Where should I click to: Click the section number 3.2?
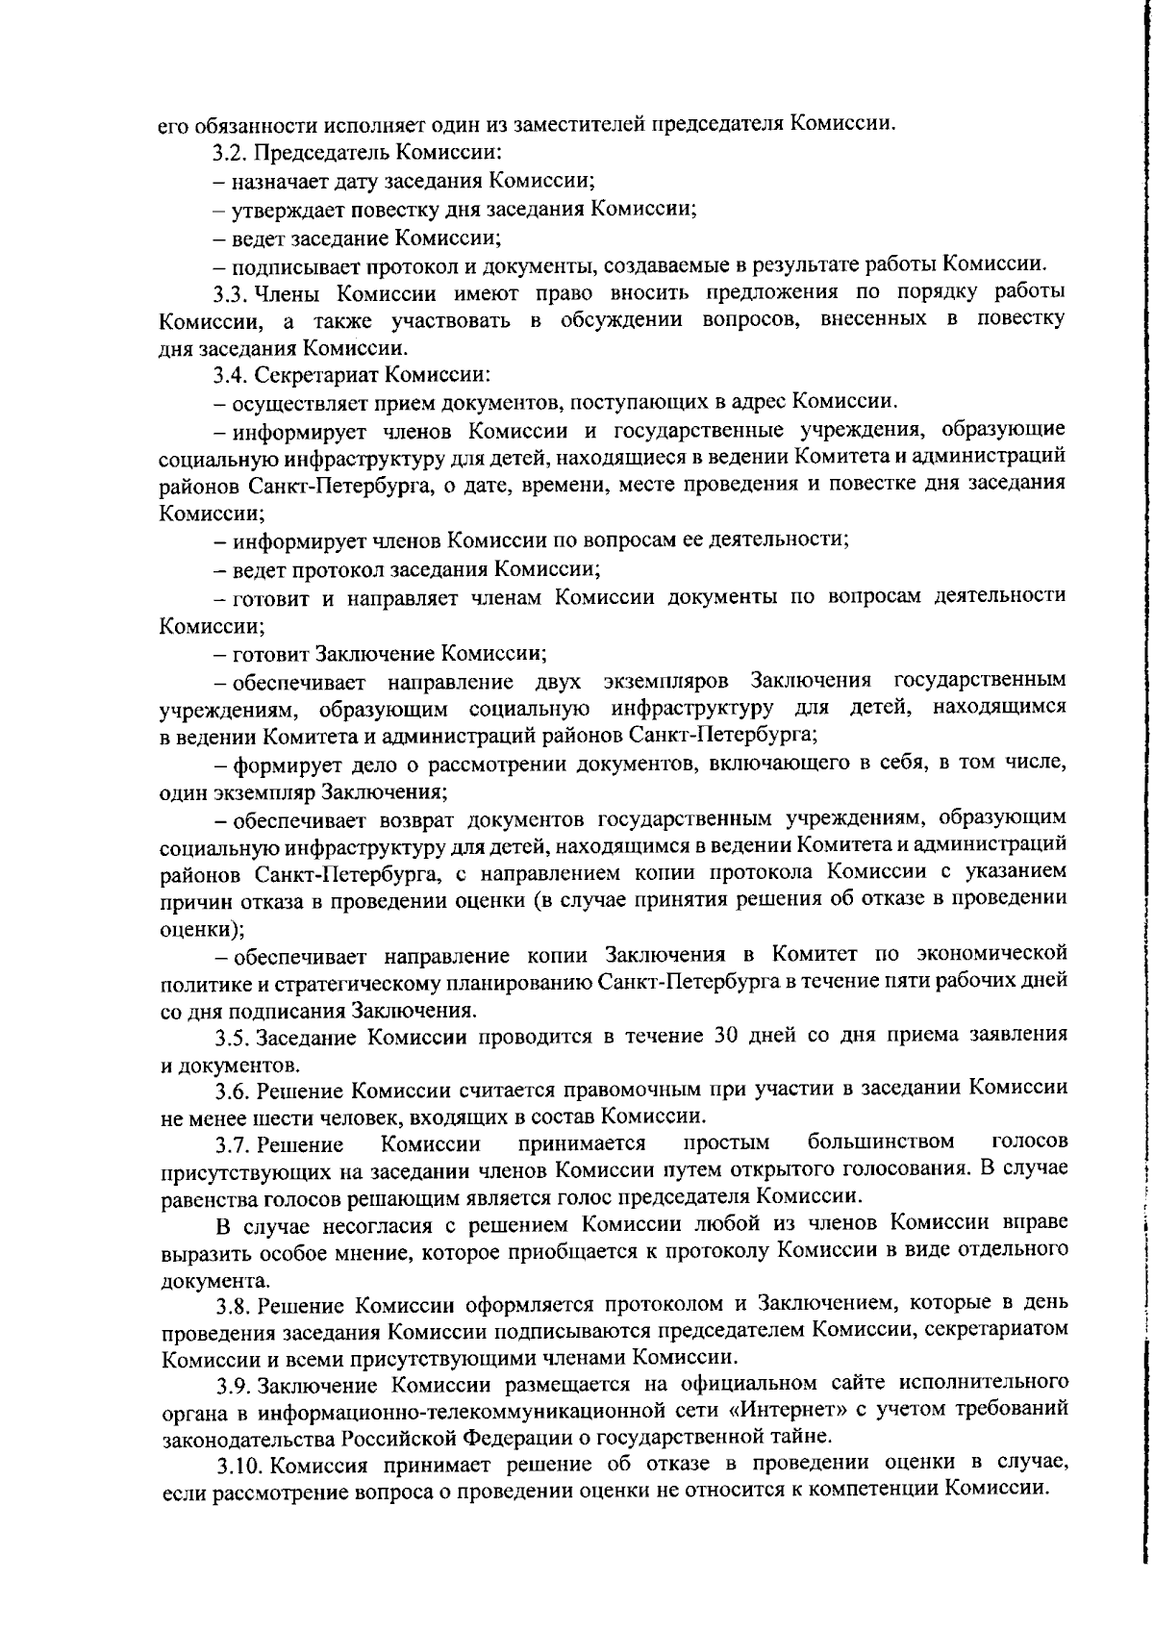(x=232, y=152)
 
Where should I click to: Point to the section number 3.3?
(x=232, y=292)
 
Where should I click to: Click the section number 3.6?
(x=232, y=1089)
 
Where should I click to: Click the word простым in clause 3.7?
(x=726, y=1142)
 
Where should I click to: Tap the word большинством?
(x=881, y=1142)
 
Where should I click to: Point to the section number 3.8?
(x=232, y=1305)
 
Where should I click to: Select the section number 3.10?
(x=237, y=1464)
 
